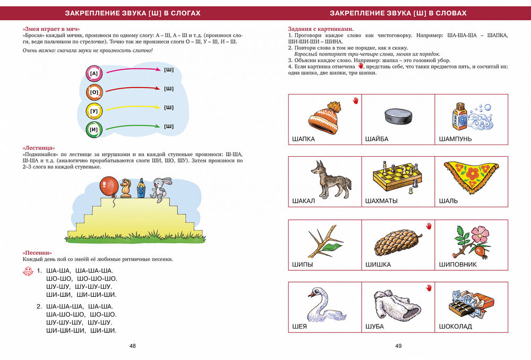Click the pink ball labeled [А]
tap(94, 73)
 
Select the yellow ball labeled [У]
tap(94, 110)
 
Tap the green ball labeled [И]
tap(94, 129)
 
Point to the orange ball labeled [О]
tap(94, 92)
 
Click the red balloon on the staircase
tap(109, 186)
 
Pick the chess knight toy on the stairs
tap(125, 187)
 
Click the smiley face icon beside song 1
tap(28, 272)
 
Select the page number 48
tap(133, 346)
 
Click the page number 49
tap(398, 346)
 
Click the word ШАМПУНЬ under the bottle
tap(456, 139)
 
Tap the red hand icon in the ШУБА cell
tap(429, 288)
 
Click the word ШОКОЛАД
tap(456, 327)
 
